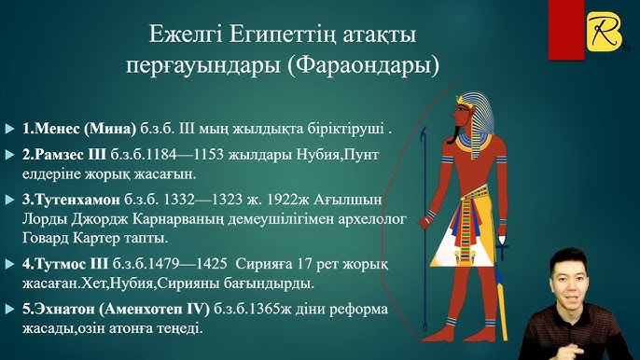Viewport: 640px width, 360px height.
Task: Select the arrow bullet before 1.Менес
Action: pyautogui.click(x=10, y=128)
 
